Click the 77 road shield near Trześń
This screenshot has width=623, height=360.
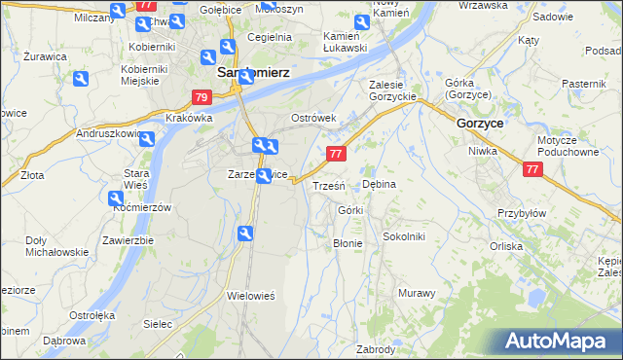(336, 154)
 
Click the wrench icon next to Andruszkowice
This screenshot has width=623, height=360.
(147, 138)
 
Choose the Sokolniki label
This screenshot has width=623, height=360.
(403, 235)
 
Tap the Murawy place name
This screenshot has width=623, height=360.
(416, 292)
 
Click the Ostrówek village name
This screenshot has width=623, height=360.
(313, 118)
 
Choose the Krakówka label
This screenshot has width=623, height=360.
(189, 118)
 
